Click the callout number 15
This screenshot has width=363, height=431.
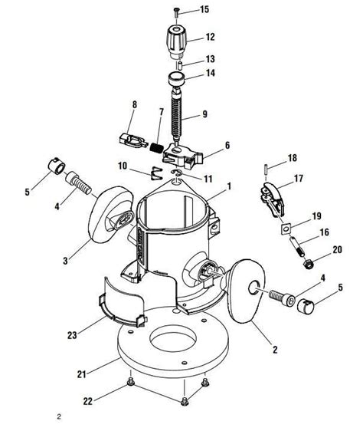click(204, 9)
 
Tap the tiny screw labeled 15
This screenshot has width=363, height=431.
click(175, 9)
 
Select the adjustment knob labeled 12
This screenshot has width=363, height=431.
click(175, 38)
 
